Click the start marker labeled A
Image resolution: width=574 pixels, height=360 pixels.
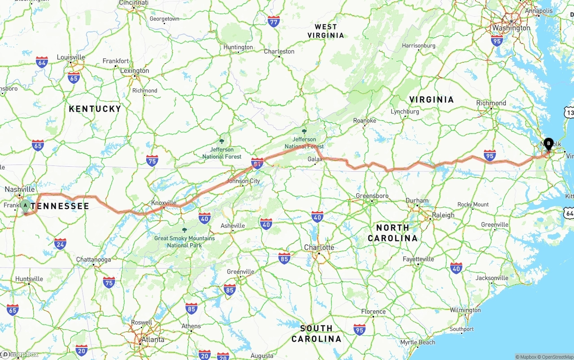pyautogui.click(x=26, y=206)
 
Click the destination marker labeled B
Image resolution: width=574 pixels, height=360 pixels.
pyautogui.click(x=548, y=144)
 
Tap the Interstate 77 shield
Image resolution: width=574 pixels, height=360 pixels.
pyautogui.click(x=274, y=21)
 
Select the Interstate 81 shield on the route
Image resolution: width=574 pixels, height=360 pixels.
pyautogui.click(x=257, y=164)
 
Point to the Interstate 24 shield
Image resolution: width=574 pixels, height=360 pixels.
pyautogui.click(x=60, y=243)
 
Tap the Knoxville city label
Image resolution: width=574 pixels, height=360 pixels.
pyautogui.click(x=164, y=203)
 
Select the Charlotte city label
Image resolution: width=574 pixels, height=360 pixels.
pyautogui.click(x=319, y=247)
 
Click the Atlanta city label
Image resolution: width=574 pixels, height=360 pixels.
pyautogui.click(x=152, y=339)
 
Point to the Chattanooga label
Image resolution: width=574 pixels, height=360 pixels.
pyautogui.click(x=93, y=260)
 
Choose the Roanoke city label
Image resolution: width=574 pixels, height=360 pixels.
pyautogui.click(x=365, y=121)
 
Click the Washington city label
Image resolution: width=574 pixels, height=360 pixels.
pyautogui.click(x=511, y=28)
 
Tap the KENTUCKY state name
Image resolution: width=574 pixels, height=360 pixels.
pyautogui.click(x=95, y=108)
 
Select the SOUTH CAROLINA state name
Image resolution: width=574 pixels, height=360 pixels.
pyautogui.click(x=316, y=333)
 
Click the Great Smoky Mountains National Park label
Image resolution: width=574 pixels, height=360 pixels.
pyautogui.click(x=184, y=242)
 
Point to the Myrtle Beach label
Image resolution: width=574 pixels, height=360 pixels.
pyautogui.click(x=417, y=343)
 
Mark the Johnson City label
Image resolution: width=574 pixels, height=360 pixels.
pyautogui.click(x=244, y=181)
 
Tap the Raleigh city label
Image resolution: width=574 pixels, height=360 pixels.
pyautogui.click(x=443, y=215)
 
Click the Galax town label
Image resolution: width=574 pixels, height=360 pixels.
pyautogui.click(x=315, y=159)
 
